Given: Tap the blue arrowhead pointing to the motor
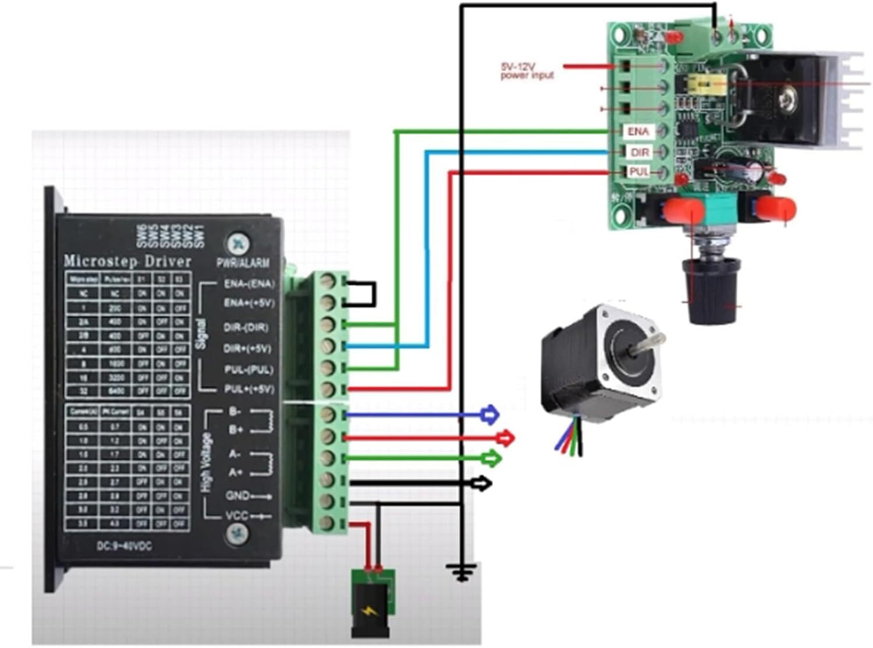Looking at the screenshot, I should tap(491, 415).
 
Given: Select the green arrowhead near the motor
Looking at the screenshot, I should tap(492, 458).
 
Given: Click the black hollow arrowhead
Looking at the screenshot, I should tap(482, 483).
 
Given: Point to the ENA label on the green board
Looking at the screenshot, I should tap(638, 132).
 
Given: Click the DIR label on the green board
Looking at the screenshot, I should tap(640, 153).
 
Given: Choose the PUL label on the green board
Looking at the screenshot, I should tap(639, 172).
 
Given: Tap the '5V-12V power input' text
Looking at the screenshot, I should tap(527, 71).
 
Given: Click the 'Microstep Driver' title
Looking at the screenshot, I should tap(127, 261).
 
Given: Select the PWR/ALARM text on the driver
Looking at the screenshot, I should tap(243, 263).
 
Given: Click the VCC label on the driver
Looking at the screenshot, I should tap(237, 516).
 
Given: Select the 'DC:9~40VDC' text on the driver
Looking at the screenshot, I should tap(124, 547).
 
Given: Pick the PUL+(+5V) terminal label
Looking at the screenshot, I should tap(249, 389).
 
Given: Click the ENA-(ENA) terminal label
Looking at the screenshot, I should tap(249, 284).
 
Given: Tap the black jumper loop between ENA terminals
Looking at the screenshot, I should tap(365, 294).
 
